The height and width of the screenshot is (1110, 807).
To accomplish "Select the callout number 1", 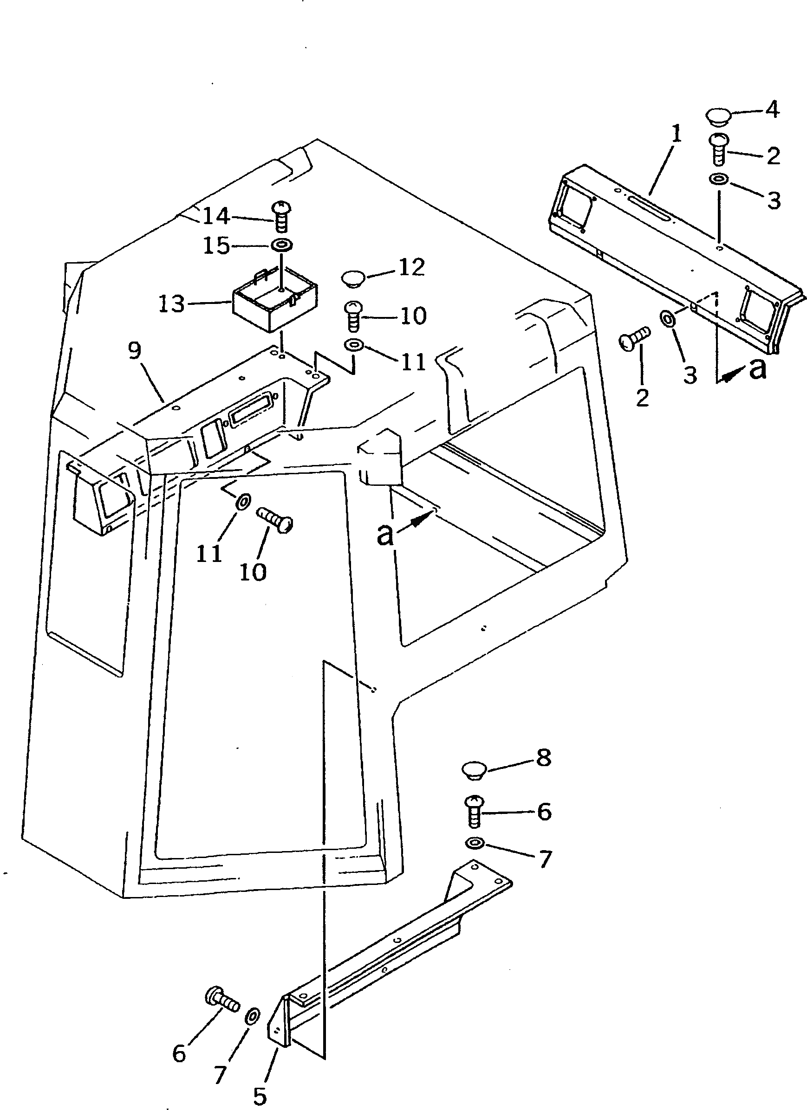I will click(x=676, y=133).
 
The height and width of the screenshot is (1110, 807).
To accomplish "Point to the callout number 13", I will click(x=171, y=304).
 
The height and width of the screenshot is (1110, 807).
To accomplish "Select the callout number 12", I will click(x=411, y=267).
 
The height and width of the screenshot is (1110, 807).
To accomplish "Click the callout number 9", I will click(x=135, y=350).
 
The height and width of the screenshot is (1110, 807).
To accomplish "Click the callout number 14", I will click(x=216, y=216).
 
